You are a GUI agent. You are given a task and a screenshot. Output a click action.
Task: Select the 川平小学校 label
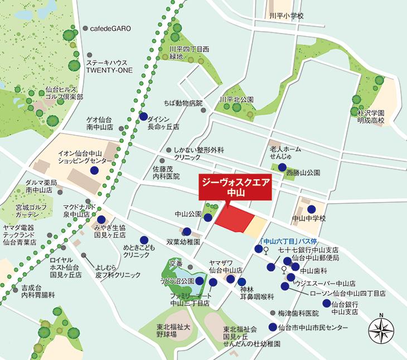coord(285,16)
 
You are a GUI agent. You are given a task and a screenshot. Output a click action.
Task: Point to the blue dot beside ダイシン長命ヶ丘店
coord(144,117)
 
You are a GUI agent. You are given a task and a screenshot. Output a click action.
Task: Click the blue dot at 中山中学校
coord(303,208)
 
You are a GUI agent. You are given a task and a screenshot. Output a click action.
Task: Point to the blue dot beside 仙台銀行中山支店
coord(326,304)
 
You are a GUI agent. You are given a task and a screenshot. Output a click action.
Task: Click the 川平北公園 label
coord(238,99)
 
